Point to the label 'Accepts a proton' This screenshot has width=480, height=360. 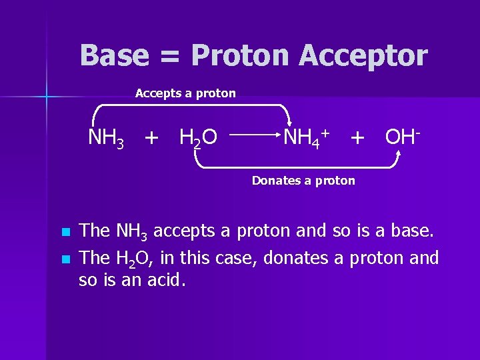pyautogui.click(x=185, y=93)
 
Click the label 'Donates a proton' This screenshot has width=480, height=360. pyautogui.click(x=303, y=181)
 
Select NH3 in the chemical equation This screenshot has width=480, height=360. pyautogui.click(x=106, y=139)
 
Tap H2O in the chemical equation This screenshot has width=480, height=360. pyautogui.click(x=198, y=139)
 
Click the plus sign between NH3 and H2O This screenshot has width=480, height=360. pyautogui.click(x=152, y=139)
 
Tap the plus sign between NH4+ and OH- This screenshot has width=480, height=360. pyautogui.click(x=357, y=138)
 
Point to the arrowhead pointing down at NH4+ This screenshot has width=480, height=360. pyautogui.click(x=290, y=124)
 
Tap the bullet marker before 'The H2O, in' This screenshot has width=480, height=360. pyautogui.click(x=64, y=259)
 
